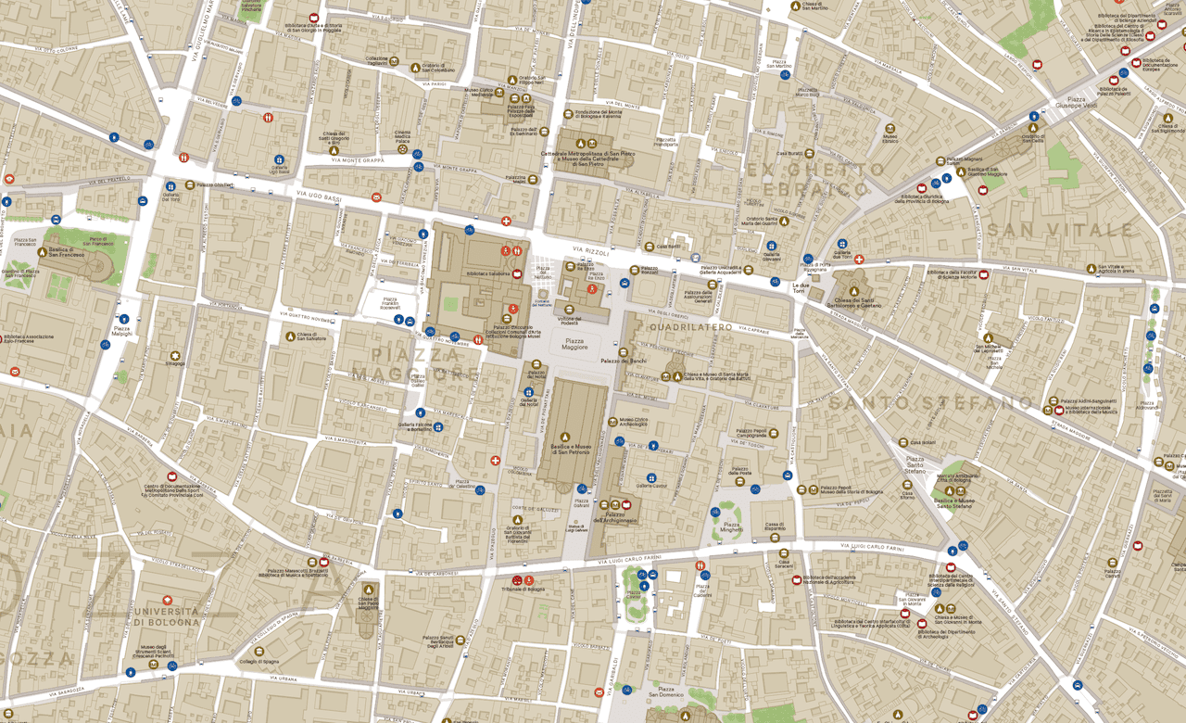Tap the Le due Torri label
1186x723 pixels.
[800, 288]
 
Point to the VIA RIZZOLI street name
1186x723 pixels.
[590, 251]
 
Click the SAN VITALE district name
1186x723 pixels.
[1060, 229]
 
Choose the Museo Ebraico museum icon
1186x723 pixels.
[889, 127]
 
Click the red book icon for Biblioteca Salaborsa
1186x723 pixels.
[516, 273]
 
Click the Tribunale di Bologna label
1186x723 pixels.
[524, 590]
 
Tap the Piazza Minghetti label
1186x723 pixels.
[732, 528]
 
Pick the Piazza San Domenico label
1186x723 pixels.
[666, 693]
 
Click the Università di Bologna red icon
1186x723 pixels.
[167, 601]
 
